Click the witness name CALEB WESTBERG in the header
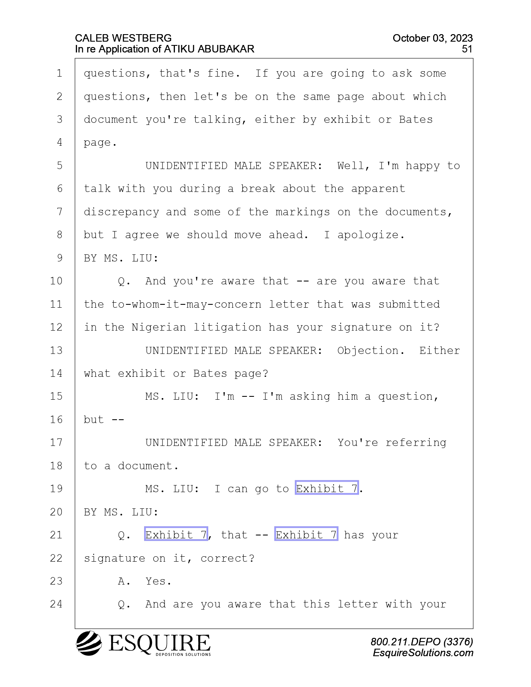pos(123,38)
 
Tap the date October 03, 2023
pos(433,38)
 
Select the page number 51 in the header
pos(467,49)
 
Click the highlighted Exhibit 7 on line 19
pos(327,488)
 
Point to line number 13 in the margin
pos(56,350)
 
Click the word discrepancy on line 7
pos(122,212)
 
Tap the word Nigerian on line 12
pos(159,327)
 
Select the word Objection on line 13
pos(367,351)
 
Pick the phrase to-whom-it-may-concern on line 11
pos(186,304)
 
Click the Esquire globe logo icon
pos(89,643)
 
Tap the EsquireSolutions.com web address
pos(423,653)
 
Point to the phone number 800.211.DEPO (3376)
pos(421,642)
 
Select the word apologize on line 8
pos(367,235)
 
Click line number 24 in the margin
pos(56,604)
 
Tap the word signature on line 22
pos(115,559)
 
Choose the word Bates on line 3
pos(416,119)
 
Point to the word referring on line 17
pos(416,443)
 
